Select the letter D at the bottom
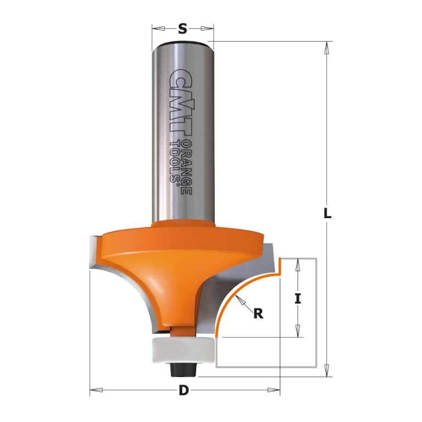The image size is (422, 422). point(184,391)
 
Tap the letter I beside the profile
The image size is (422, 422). point(298,299)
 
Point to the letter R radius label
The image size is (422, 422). point(257,314)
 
